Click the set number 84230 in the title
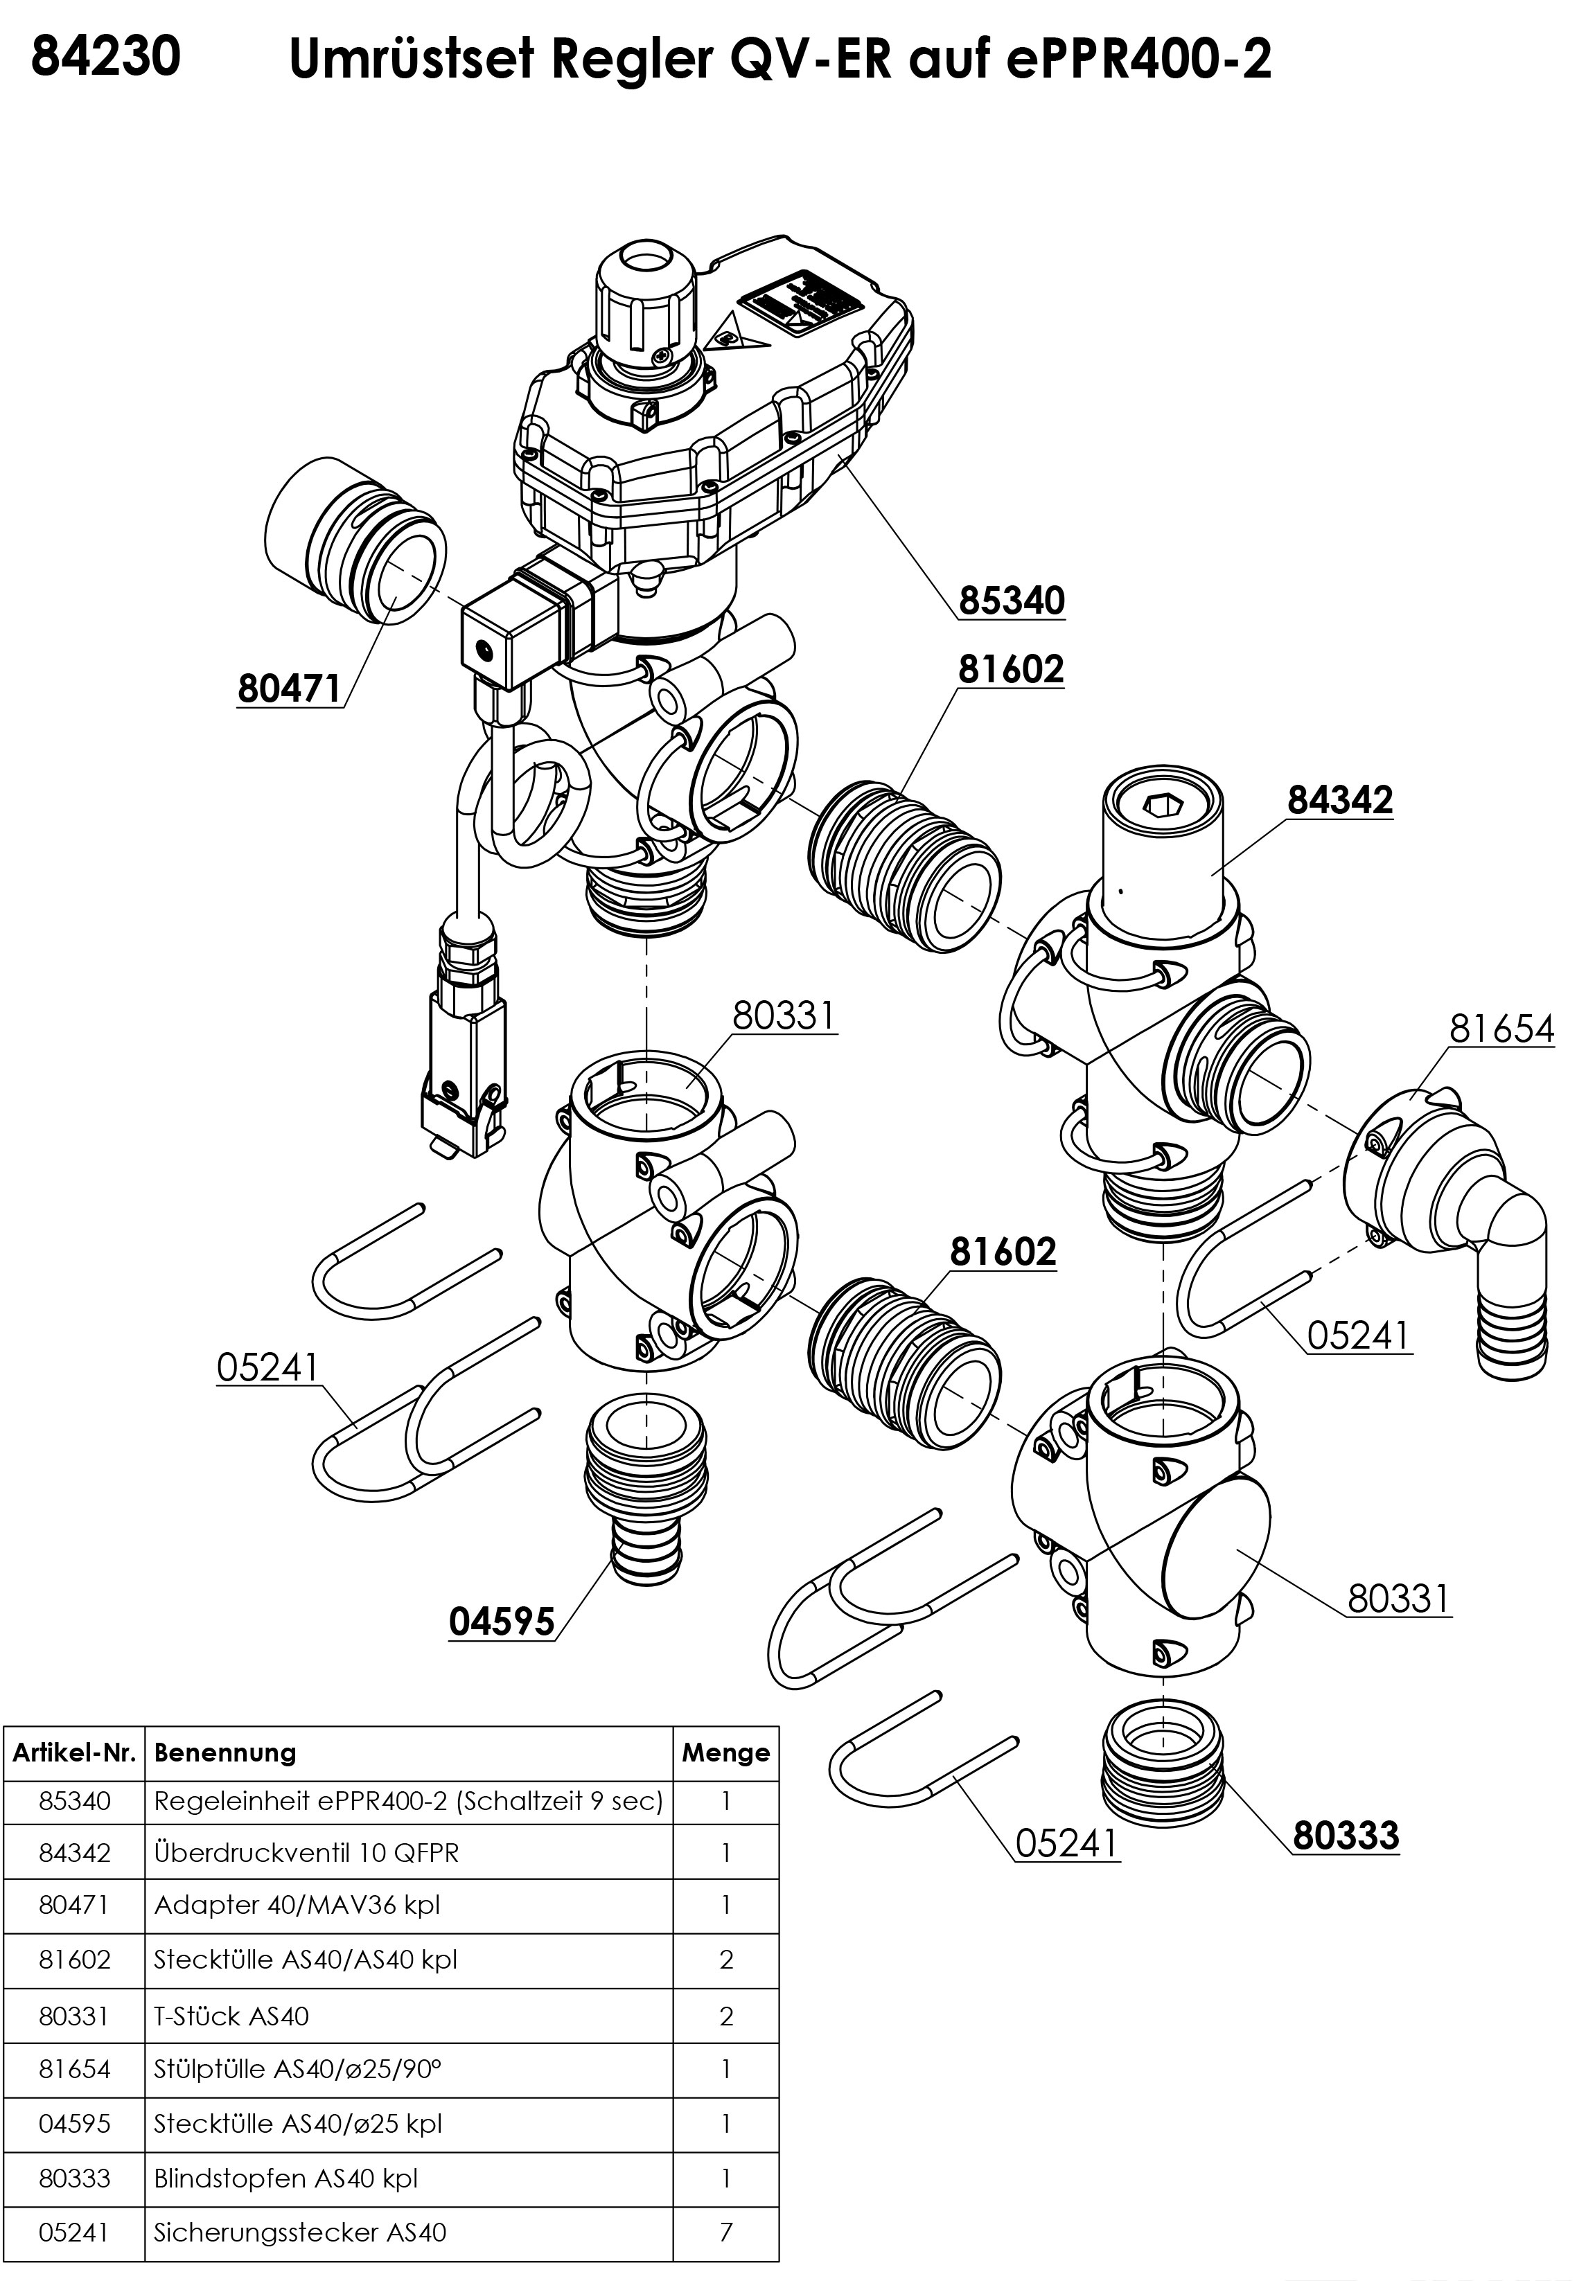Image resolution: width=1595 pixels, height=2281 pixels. pos(106,57)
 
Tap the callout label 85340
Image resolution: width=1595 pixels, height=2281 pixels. pos(1011,601)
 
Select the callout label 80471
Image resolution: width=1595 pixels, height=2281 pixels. pos(289,689)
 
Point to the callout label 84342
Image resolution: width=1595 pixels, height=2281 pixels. pos(1339,800)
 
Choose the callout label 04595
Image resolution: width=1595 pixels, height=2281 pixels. pos(502,1622)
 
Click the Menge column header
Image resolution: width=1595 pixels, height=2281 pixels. pos(725,1752)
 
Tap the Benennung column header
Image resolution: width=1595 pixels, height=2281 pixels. pos(226,1752)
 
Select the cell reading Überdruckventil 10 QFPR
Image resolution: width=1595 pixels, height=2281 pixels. pos(306,1853)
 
